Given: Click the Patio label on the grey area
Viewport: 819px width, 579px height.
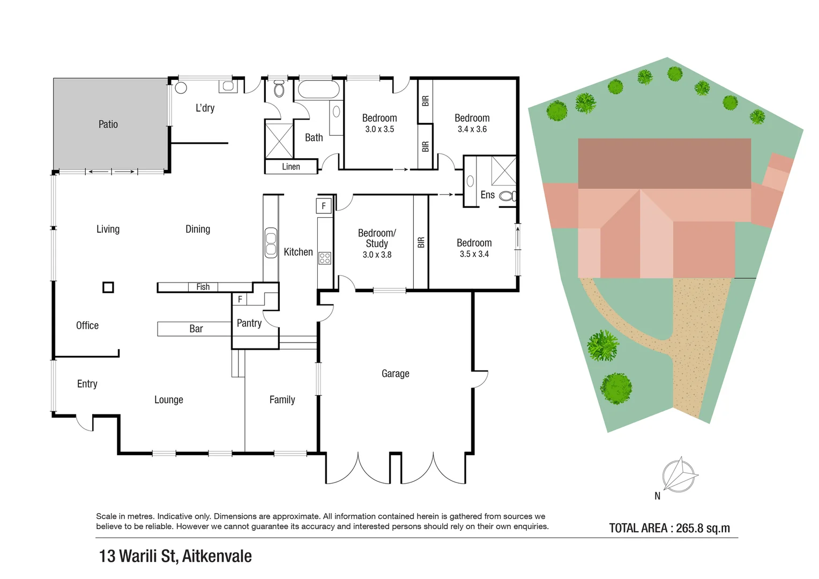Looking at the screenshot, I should (108, 124).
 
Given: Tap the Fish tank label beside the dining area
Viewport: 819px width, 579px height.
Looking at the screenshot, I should (203, 287).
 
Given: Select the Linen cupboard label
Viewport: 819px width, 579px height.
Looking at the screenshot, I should (291, 167).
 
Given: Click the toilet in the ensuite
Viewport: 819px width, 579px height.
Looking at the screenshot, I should (507, 196).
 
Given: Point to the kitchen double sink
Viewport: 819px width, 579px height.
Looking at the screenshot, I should (271, 242).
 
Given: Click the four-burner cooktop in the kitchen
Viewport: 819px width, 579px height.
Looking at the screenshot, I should (325, 258).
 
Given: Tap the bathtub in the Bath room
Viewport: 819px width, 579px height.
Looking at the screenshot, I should (318, 90).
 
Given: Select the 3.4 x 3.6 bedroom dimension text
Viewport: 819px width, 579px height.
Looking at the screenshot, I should (472, 129).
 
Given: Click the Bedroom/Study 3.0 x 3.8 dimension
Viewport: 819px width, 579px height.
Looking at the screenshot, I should (377, 255).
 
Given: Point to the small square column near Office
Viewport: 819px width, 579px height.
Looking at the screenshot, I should (108, 287).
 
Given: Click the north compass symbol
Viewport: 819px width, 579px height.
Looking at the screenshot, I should (679, 475).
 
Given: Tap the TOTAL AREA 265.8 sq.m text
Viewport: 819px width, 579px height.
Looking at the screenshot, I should (669, 528).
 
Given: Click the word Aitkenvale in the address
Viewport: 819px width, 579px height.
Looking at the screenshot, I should (217, 556).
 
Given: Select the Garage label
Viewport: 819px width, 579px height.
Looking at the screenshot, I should (395, 374).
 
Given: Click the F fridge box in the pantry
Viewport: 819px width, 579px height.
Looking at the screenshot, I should (240, 299).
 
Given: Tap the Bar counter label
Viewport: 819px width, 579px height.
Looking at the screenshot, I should (196, 329).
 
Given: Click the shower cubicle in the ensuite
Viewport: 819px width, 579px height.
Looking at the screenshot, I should (504, 170).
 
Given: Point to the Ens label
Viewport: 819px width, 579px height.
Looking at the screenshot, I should (487, 195).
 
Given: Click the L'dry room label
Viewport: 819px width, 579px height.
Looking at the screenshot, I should (205, 108).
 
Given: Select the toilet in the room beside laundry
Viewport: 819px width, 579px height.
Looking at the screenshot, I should (279, 89).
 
